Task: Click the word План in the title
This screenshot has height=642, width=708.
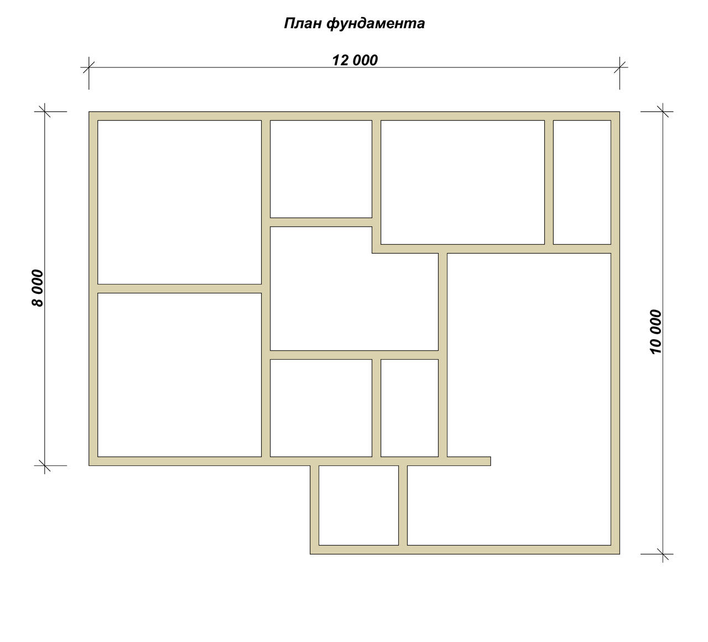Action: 303,23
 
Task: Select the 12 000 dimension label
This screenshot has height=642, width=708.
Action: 355,60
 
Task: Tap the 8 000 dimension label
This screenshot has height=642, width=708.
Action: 38,288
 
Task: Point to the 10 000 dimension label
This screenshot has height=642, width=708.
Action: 655,332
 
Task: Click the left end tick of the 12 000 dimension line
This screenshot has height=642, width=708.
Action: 88,67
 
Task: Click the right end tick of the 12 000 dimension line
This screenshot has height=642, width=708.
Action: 619,67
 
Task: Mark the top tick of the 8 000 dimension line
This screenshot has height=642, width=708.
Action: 44,112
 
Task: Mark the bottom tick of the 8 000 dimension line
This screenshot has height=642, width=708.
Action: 44,466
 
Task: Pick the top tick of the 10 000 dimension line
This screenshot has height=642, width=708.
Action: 663,112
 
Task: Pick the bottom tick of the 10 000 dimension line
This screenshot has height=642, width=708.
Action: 663,554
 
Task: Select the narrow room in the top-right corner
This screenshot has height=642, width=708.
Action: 582,182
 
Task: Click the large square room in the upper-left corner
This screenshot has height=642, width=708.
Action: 179,202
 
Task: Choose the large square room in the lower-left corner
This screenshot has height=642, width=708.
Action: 179,375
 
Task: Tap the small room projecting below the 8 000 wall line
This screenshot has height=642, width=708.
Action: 358,505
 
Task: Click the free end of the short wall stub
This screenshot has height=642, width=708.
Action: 490,461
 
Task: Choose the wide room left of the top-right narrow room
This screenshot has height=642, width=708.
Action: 462,182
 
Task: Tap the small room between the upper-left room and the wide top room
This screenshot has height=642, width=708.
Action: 321,169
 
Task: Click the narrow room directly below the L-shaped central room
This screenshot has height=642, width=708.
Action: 409,408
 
